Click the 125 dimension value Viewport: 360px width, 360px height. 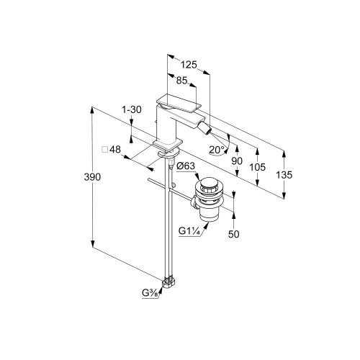(x=189, y=65)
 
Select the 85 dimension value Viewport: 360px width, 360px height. (x=181, y=81)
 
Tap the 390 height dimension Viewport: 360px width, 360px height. (x=92, y=177)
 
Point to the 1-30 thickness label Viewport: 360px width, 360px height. (x=132, y=110)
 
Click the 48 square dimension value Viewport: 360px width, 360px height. (x=115, y=150)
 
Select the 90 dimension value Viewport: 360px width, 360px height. (x=237, y=161)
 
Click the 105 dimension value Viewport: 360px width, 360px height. (x=258, y=167)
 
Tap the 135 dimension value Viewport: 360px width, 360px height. (x=284, y=175)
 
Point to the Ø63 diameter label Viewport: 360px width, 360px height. (x=186, y=166)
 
